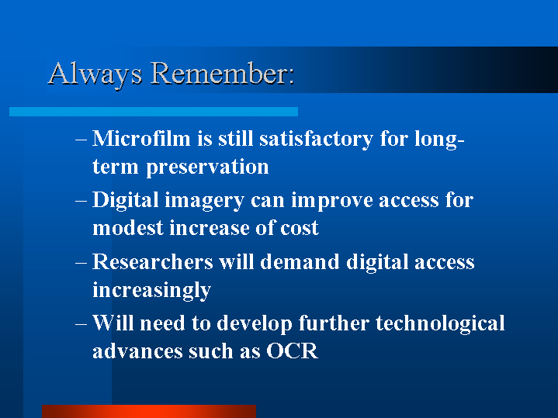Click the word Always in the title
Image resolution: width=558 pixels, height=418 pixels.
click(95, 74)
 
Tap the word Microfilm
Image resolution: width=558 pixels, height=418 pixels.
click(142, 138)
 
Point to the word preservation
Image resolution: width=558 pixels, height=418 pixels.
click(207, 168)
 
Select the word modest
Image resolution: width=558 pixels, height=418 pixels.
click(128, 228)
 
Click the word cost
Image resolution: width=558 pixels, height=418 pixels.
click(300, 229)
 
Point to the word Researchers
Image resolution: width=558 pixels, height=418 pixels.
click(153, 262)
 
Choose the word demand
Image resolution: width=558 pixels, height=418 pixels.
click(300, 262)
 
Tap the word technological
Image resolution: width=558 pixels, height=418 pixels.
click(440, 324)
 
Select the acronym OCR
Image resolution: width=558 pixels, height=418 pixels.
click(292, 351)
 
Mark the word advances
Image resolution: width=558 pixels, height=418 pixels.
click(137, 351)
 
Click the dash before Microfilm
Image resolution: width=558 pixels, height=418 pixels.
click(81, 140)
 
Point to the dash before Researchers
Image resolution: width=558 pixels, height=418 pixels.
click(81, 263)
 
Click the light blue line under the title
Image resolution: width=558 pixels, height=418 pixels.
click(154, 112)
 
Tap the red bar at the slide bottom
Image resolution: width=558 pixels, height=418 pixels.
click(149, 411)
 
